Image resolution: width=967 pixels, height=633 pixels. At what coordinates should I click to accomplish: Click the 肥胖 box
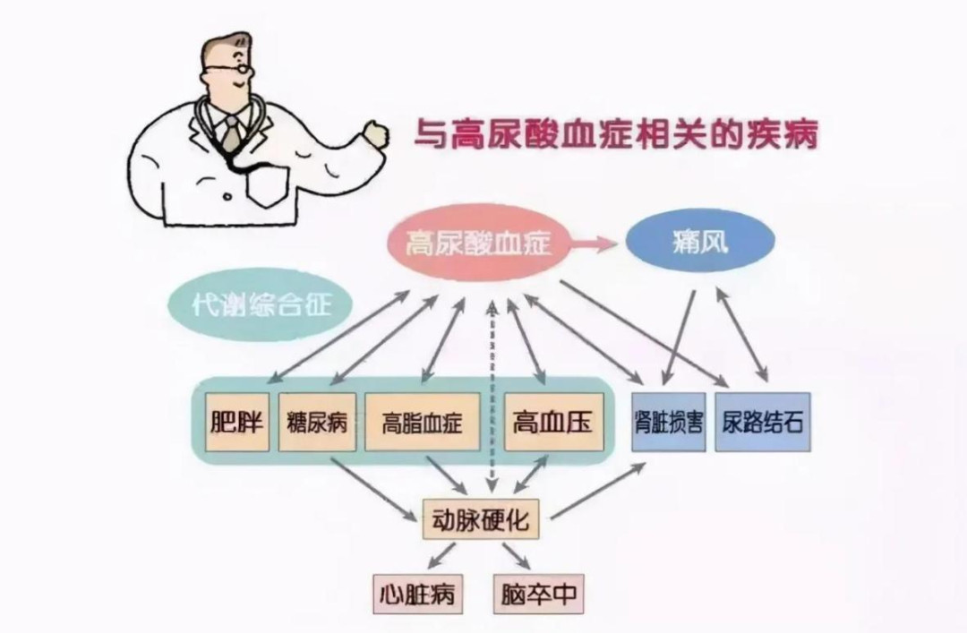[x=237, y=422]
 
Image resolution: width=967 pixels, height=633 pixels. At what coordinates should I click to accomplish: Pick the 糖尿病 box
[x=317, y=422]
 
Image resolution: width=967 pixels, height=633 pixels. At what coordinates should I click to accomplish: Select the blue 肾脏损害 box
[x=669, y=422]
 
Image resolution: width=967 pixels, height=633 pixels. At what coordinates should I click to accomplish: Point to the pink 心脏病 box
[x=417, y=593]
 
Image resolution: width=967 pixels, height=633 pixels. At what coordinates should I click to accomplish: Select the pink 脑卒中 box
[x=538, y=593]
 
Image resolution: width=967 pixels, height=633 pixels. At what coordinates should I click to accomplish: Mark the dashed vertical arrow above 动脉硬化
[x=492, y=394]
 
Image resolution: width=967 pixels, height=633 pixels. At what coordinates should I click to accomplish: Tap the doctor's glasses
[x=224, y=71]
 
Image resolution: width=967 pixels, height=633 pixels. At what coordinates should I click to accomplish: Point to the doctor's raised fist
[x=373, y=134]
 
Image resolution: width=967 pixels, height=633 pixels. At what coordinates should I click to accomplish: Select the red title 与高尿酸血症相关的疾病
[x=615, y=136]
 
